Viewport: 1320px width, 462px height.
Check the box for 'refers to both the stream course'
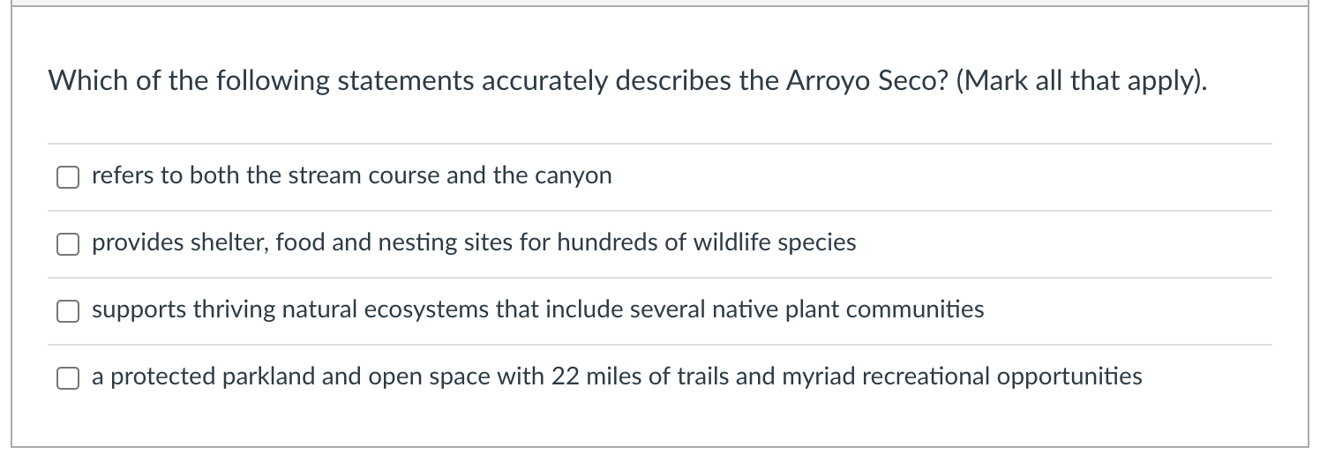tap(68, 177)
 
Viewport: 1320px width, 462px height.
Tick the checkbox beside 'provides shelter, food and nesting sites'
tap(68, 244)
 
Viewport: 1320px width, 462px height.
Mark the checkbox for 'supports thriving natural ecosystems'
tap(68, 311)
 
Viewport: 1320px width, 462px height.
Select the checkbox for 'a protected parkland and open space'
tap(68, 378)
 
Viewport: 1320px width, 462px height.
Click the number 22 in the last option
tap(566, 376)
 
